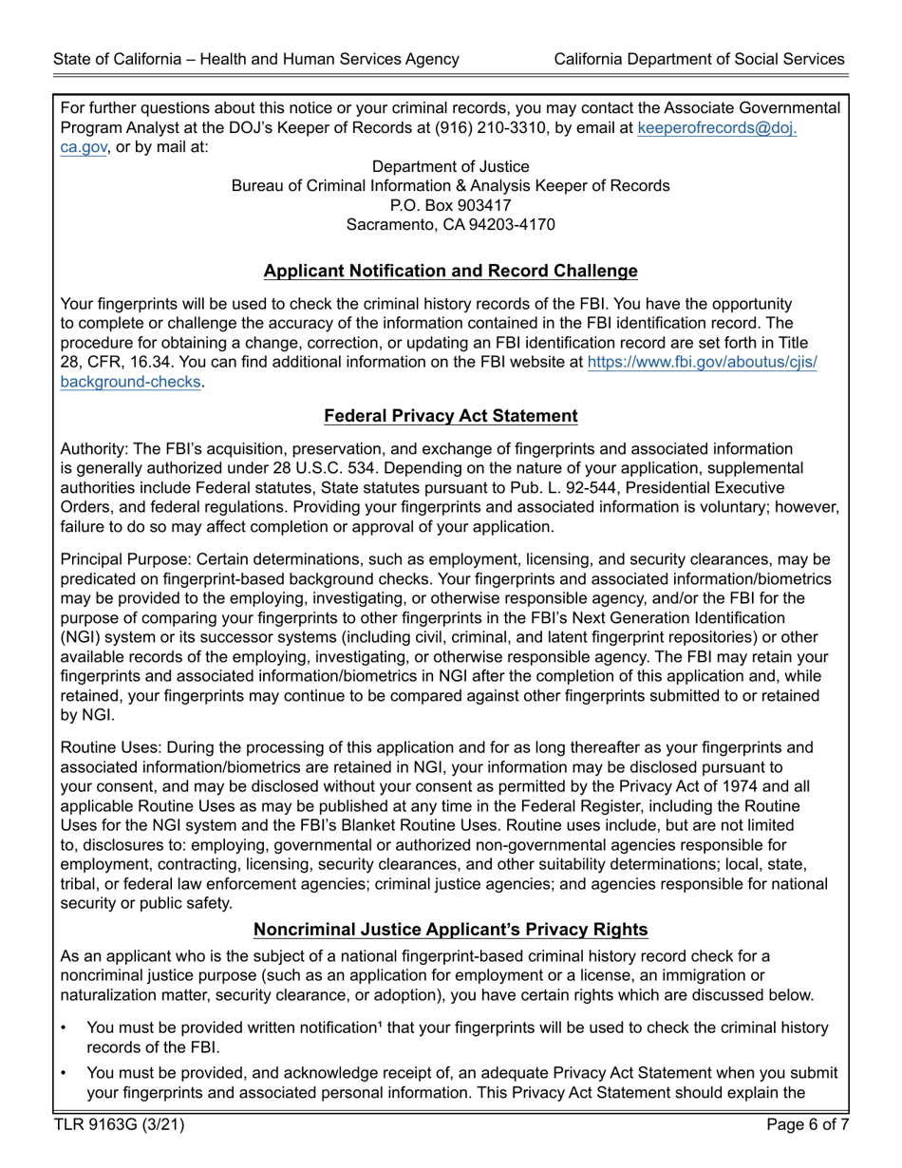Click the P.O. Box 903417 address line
coord(450,205)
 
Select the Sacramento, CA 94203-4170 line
coord(450,225)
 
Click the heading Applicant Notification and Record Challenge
coord(450,272)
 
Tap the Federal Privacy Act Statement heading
coord(450,416)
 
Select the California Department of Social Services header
coord(699,59)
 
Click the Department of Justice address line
coord(450,166)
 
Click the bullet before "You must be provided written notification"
coord(64,1028)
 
